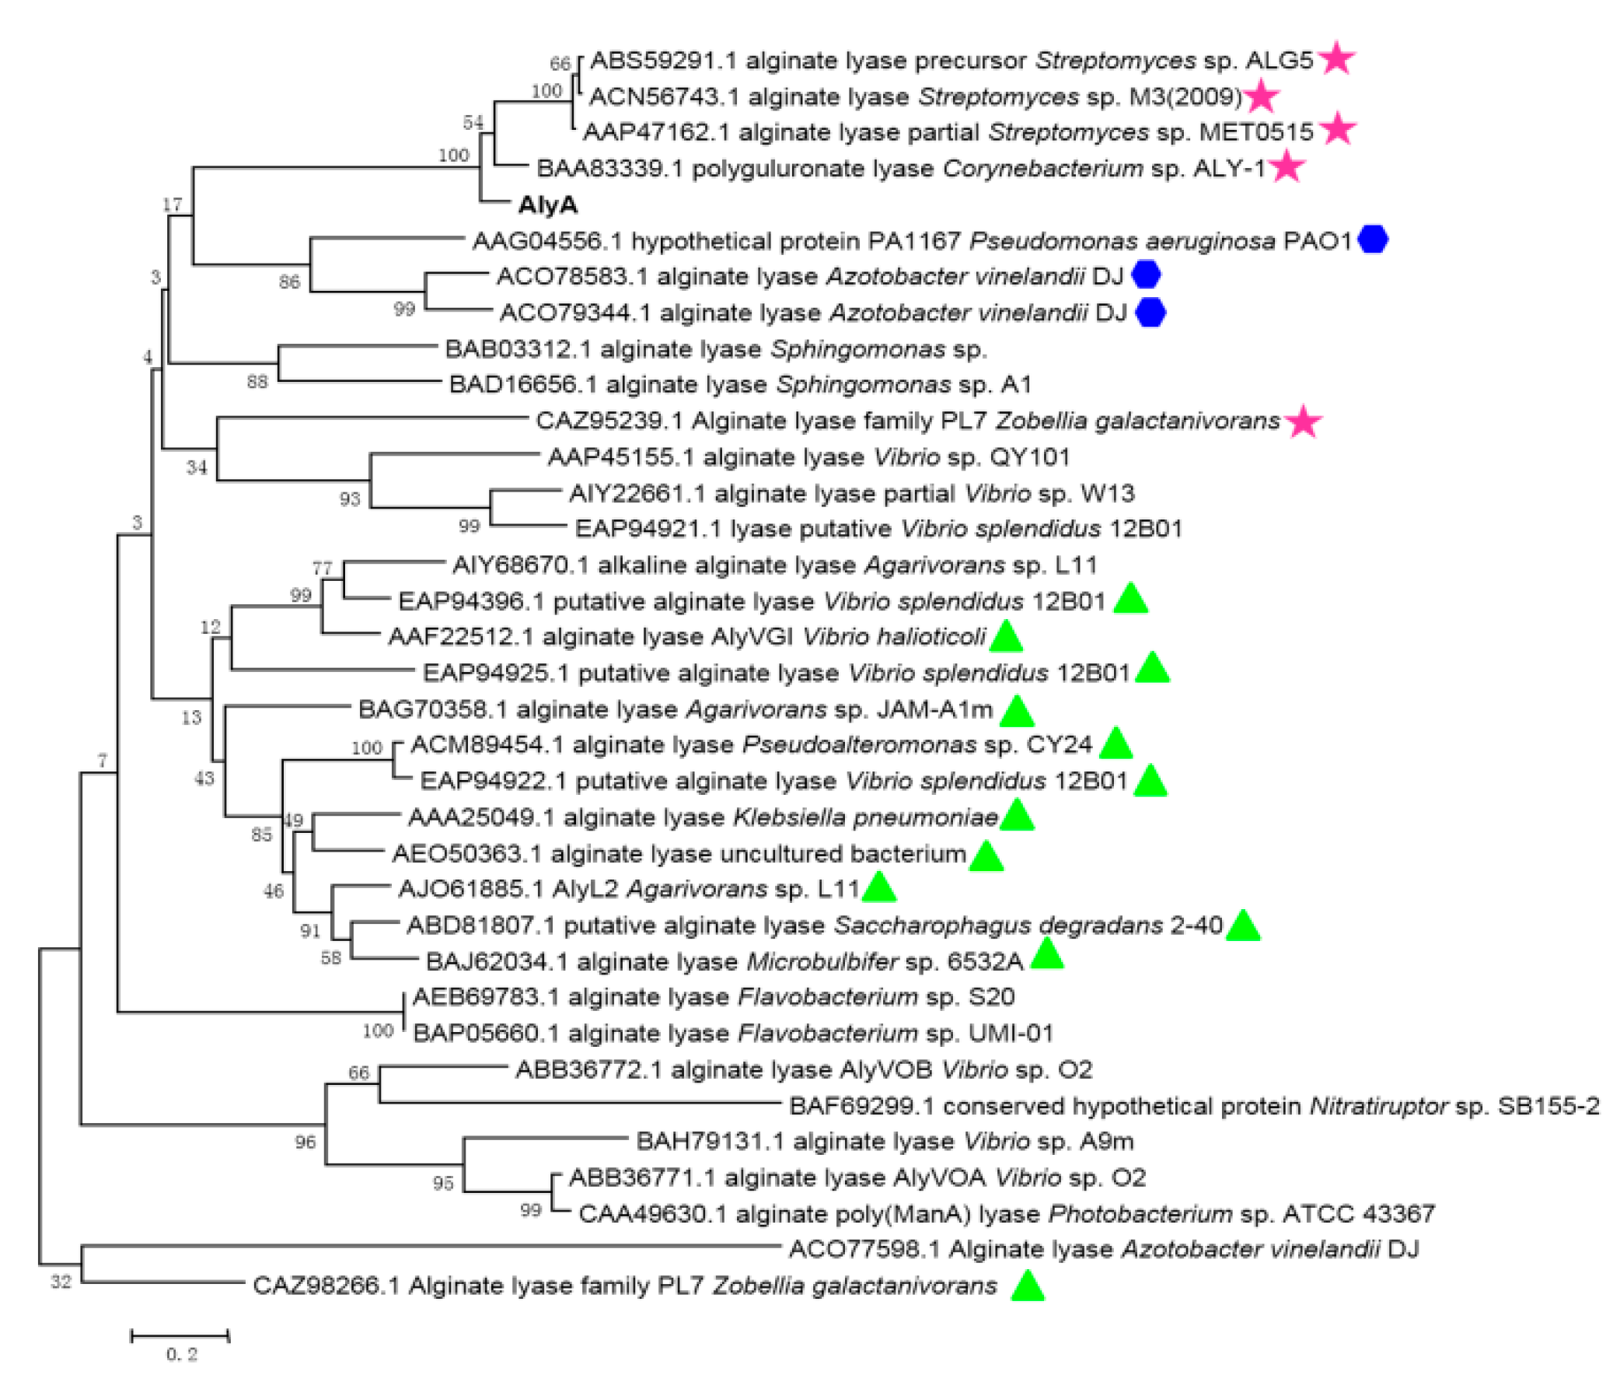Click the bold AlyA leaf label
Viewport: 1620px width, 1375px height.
(548, 205)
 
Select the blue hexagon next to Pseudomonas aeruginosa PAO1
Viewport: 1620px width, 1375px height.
(1373, 240)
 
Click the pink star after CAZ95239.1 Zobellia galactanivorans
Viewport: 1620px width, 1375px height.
(1304, 422)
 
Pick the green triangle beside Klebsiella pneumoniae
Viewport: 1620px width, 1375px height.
(1017, 816)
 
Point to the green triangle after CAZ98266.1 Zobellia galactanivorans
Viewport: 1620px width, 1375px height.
(1027, 1286)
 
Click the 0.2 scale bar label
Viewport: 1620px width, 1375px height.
(182, 1355)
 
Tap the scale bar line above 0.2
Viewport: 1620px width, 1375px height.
(180, 1336)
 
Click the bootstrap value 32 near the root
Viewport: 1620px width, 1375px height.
(61, 1282)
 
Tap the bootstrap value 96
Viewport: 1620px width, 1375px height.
(305, 1142)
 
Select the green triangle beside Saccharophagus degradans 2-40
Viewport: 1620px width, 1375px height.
(1243, 925)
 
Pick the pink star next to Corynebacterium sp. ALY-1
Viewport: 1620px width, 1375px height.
(1287, 167)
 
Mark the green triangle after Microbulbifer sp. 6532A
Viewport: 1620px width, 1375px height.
(1046, 954)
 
